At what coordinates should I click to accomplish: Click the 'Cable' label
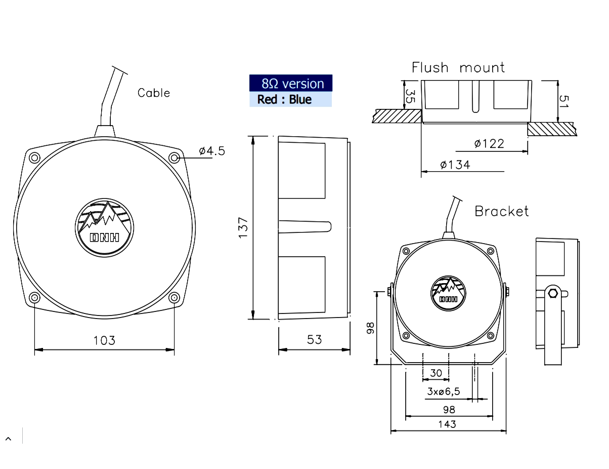coord(154,93)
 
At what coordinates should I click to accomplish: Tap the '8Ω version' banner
coord(291,83)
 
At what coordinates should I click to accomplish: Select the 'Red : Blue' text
coord(284,99)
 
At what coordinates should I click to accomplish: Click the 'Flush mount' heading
coord(458,67)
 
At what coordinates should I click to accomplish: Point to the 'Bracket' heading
coord(501,211)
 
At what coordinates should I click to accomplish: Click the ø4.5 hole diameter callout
coord(212,151)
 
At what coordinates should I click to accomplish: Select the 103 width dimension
coord(104,340)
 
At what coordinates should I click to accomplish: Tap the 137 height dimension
coord(243,227)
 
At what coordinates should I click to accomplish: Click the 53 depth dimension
coord(314,340)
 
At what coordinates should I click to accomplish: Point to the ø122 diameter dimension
coord(489,144)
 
